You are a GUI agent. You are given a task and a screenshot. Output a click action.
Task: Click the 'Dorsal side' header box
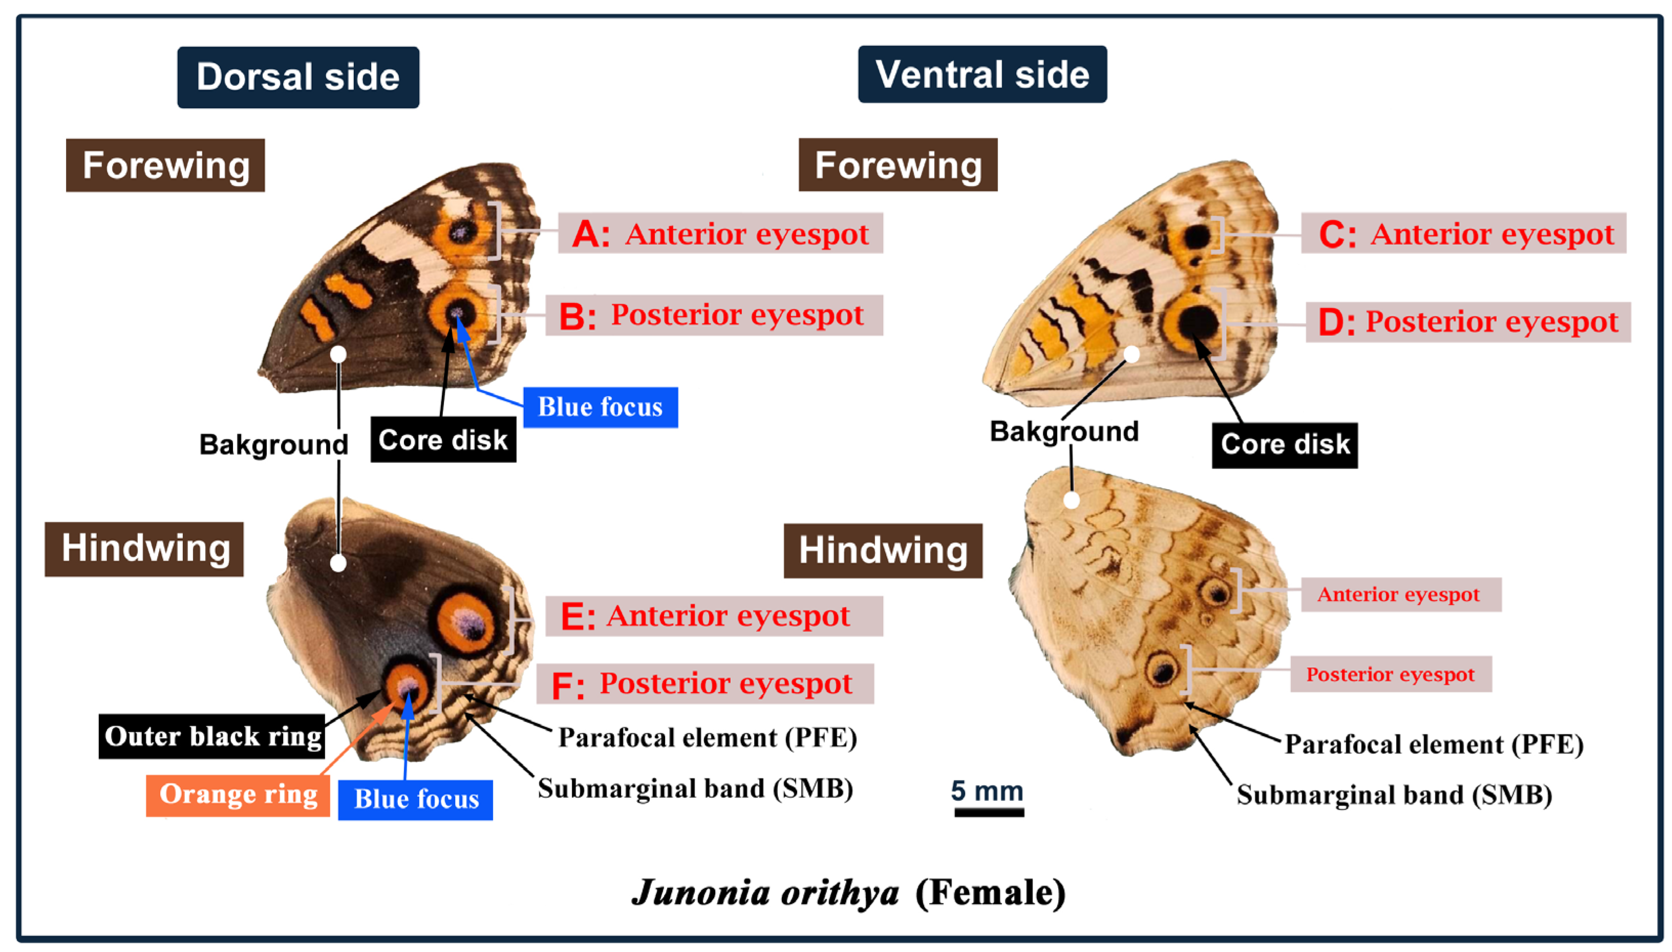298,77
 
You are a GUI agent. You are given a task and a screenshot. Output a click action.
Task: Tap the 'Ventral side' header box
982,75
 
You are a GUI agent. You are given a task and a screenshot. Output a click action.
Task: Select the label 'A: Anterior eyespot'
720,234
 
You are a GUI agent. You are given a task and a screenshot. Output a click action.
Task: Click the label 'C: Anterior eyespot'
1464,234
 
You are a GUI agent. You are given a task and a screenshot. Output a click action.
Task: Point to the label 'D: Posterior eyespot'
1468,322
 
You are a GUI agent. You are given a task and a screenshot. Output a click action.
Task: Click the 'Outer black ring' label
212,736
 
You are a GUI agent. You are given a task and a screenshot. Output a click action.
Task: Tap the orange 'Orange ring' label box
238,794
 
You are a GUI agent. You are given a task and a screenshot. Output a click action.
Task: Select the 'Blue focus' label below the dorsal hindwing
416,799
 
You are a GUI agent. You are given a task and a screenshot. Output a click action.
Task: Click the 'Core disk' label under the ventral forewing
1284,445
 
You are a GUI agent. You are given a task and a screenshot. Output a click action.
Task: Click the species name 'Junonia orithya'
765,893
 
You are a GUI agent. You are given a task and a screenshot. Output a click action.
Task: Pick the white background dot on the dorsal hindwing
338,563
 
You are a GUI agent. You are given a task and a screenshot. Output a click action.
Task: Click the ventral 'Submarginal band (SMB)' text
1394,795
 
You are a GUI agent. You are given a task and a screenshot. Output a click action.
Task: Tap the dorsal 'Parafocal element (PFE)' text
707,737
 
